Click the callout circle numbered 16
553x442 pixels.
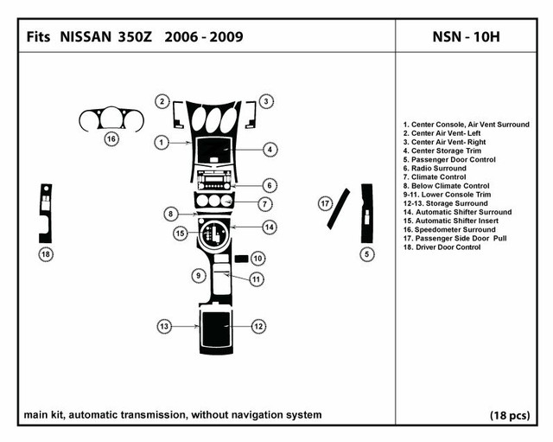pyautogui.click(x=111, y=138)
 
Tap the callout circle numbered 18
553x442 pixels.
pyautogui.click(x=46, y=254)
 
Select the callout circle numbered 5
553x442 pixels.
pyautogui.click(x=366, y=254)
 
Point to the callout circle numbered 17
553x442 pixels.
pyautogui.click(x=325, y=204)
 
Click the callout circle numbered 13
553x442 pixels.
pyautogui.click(x=164, y=326)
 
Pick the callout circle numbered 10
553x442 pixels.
pyautogui.click(x=257, y=259)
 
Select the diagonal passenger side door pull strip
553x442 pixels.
pyautogui.click(x=339, y=209)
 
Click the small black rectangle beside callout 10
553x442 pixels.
pyautogui.click(x=242, y=259)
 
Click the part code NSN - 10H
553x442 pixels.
pyautogui.click(x=466, y=36)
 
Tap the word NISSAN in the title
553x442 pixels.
pyautogui.click(x=86, y=36)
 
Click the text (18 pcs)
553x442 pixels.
pyautogui.click(x=510, y=415)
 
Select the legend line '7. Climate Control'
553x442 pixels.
pyautogui.click(x=435, y=177)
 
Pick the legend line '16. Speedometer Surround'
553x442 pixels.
pyautogui.click(x=449, y=230)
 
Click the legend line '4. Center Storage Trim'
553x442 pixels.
pyautogui.click(x=442, y=151)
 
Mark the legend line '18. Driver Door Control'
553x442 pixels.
pyautogui.click(x=442, y=247)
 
